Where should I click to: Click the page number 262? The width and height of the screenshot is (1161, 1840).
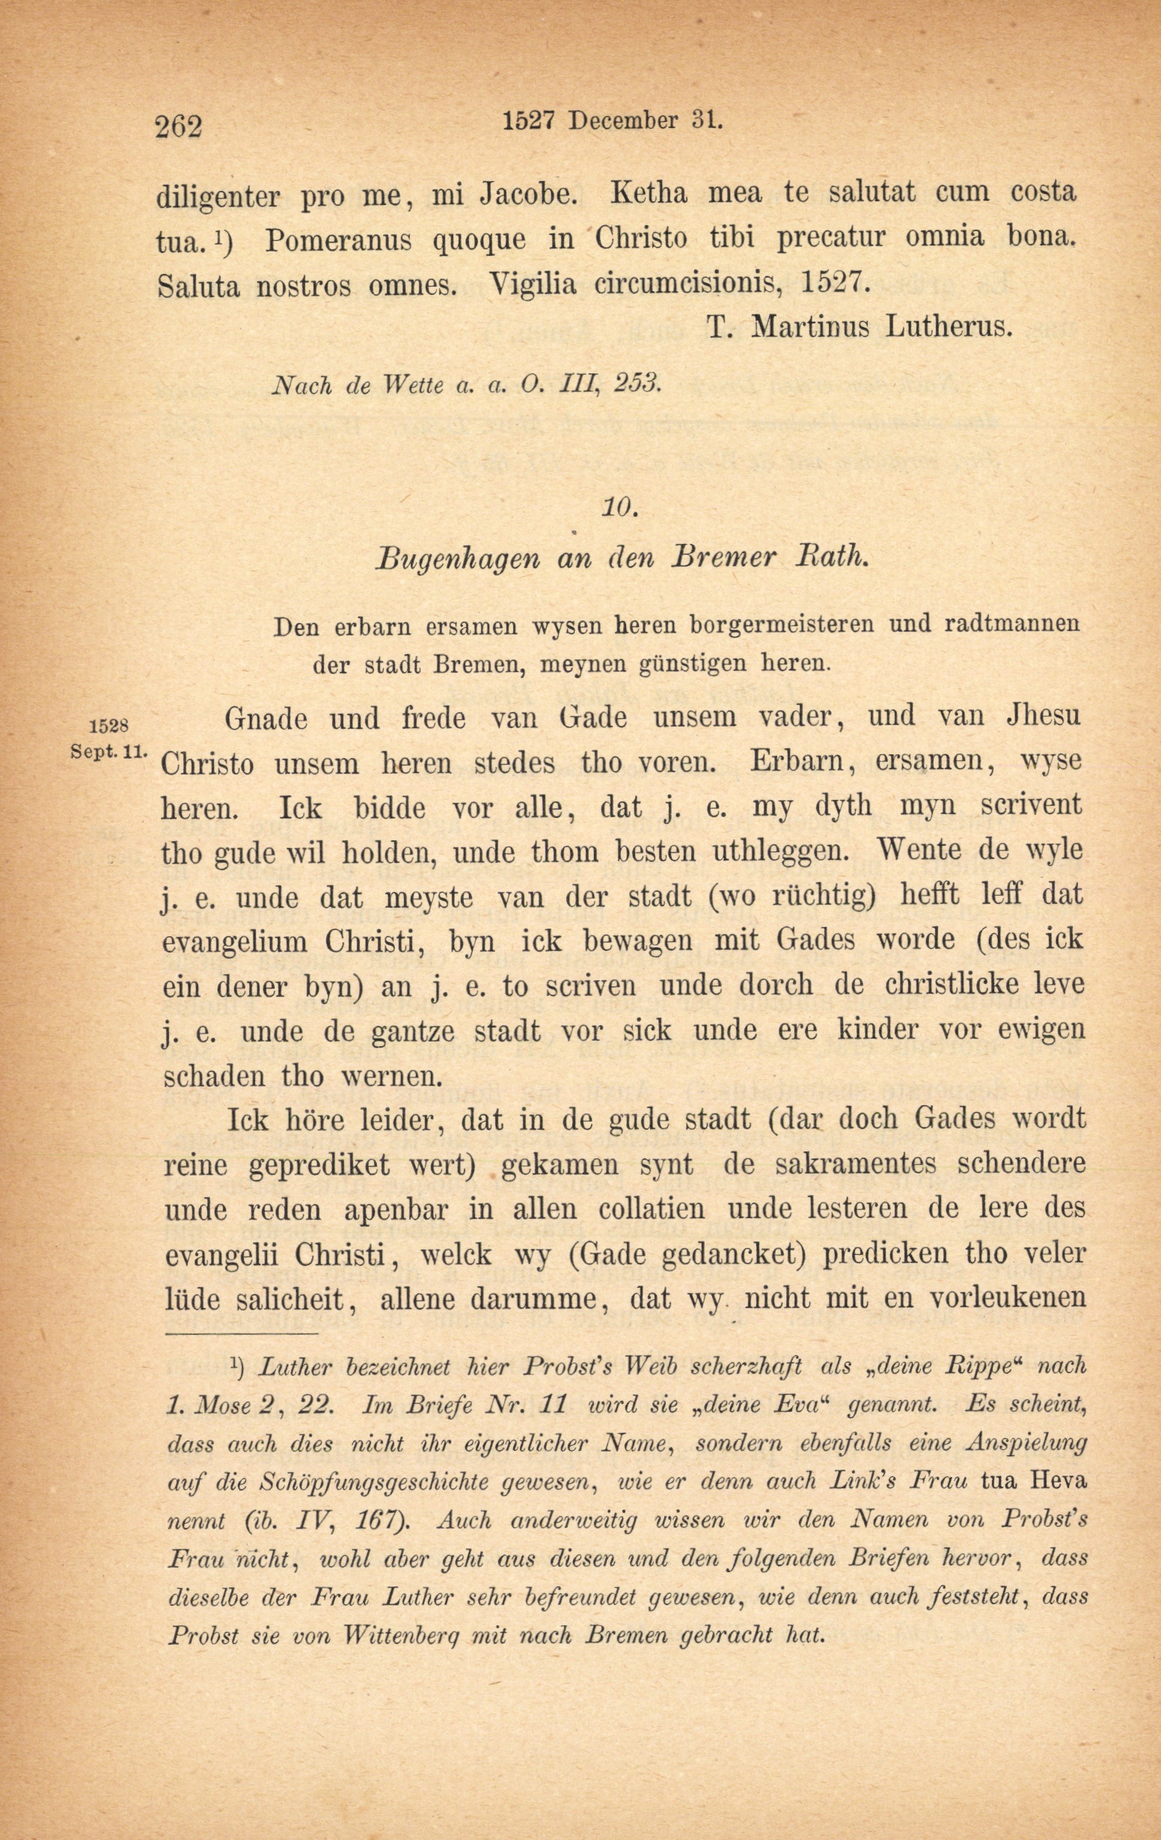click(x=179, y=125)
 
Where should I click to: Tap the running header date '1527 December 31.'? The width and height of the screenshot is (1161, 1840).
click(x=613, y=120)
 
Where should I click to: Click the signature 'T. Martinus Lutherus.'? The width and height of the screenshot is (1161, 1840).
click(x=860, y=327)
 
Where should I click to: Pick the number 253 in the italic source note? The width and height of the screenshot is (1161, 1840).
click(x=637, y=384)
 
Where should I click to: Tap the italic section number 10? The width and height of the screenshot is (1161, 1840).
click(x=619, y=507)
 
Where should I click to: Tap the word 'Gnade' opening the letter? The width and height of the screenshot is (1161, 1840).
click(x=266, y=719)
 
